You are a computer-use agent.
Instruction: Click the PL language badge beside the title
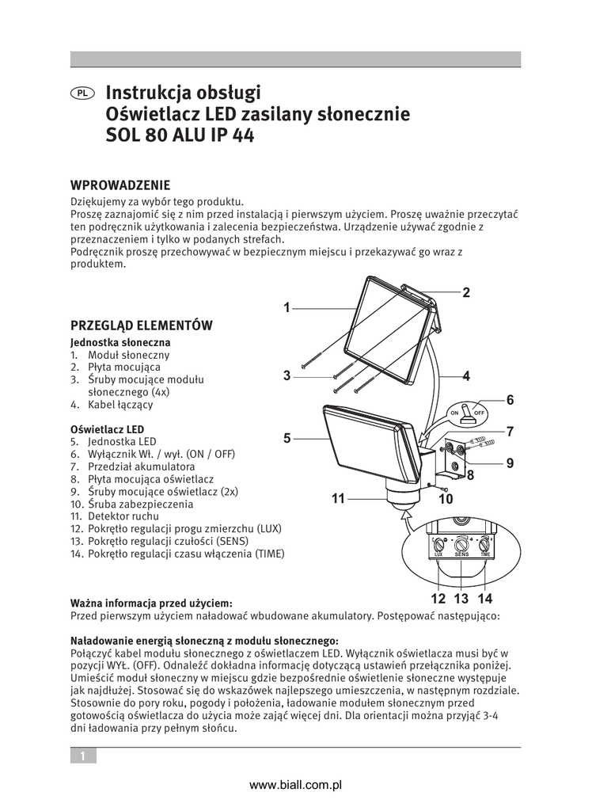[x=82, y=93]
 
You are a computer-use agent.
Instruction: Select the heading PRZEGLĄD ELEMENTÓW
[x=141, y=325]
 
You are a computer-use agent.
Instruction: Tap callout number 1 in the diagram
[x=287, y=307]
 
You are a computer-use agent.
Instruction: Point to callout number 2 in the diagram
[x=466, y=293]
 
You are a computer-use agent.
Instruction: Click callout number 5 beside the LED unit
[x=287, y=437]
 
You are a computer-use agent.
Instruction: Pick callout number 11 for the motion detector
[x=339, y=499]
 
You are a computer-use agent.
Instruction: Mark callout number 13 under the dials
[x=461, y=599]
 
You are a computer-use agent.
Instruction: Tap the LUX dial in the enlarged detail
[x=439, y=545]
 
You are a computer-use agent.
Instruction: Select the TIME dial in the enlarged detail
[x=484, y=545]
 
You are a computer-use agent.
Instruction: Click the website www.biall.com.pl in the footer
[x=295, y=785]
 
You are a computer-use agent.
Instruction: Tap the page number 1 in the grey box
[x=82, y=756]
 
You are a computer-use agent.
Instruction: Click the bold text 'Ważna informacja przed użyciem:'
[x=151, y=603]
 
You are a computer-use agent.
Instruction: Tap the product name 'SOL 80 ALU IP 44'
[x=180, y=135]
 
